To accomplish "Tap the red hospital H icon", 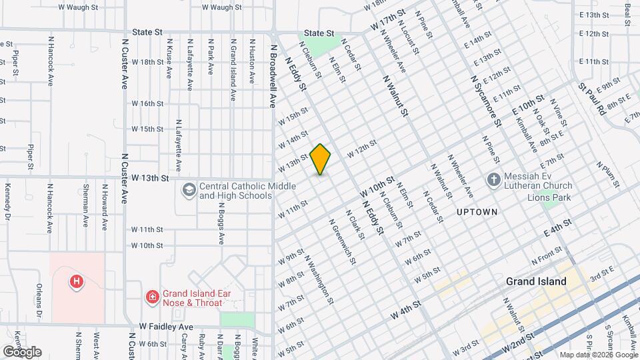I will (77, 282).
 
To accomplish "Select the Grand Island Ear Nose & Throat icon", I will (152, 295).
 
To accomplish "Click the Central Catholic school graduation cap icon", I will (189, 191).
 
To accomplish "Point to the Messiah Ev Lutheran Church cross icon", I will (493, 179).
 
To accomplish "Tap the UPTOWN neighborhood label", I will (477, 212).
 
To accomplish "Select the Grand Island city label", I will (536, 281).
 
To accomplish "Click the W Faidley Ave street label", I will (166, 327).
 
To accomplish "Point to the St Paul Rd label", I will (591, 98).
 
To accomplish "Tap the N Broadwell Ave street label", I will (273, 77).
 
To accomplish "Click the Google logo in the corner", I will (22, 351).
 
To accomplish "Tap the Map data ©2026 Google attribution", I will (597, 355).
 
